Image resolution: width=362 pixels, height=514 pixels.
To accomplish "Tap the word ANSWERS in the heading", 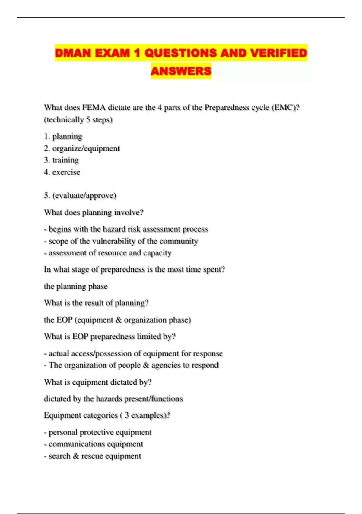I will (x=181, y=71).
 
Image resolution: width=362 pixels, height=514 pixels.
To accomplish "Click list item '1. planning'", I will (x=63, y=136).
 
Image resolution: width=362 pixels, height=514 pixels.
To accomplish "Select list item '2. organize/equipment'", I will (x=82, y=148).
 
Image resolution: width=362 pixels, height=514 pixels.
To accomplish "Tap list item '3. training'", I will (x=61, y=160).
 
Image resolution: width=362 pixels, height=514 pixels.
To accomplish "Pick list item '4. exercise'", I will (x=62, y=172).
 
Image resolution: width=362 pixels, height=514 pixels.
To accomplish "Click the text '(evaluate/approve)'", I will (x=84, y=196).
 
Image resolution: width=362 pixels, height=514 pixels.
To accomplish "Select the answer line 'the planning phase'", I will (x=76, y=286).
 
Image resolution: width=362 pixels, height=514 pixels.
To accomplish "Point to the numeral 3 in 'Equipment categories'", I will (x=127, y=415).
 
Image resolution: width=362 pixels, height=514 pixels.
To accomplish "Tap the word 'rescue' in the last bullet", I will (x=91, y=456).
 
